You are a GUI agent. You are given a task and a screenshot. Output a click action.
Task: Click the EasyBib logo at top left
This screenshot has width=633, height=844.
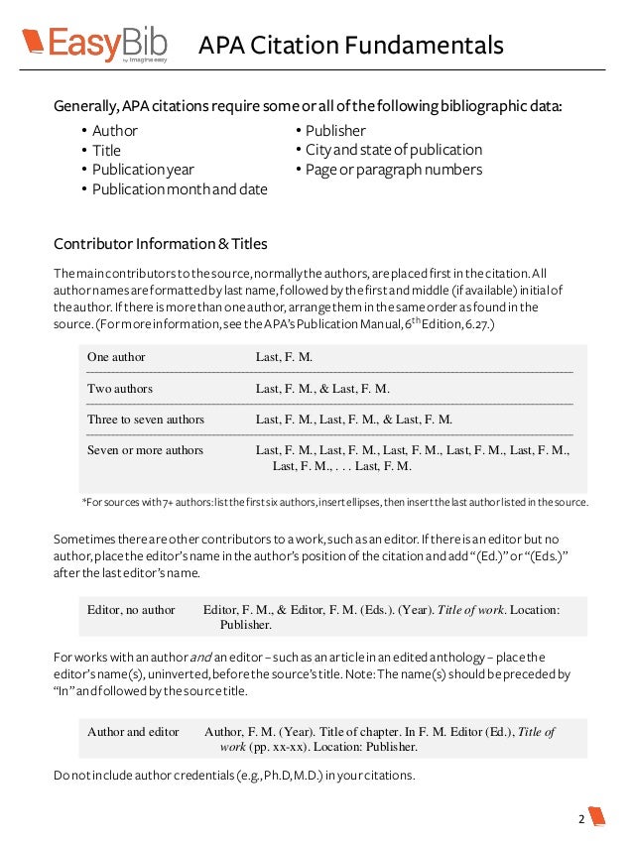94,43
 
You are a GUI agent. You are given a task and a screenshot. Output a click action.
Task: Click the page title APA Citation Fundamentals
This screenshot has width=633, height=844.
350,45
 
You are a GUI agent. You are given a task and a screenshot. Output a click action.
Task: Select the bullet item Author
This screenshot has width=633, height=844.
114,131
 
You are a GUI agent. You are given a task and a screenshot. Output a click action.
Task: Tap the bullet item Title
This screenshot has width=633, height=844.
106,151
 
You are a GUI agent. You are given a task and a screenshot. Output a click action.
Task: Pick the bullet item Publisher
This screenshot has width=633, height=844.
335,131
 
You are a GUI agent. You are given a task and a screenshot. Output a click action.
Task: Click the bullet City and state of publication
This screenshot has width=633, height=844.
393,150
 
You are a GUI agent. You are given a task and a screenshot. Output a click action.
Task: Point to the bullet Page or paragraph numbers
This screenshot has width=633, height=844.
393,170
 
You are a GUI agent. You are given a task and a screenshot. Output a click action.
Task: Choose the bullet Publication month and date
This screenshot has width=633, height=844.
180,189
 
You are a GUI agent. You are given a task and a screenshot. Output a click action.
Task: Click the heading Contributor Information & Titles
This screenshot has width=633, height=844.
160,244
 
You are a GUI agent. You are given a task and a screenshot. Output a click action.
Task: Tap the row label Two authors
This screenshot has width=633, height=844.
120,389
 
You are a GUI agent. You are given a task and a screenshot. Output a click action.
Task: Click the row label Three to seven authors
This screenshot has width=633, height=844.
146,420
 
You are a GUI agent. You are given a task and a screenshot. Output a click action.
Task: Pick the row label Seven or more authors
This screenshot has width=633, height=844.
145,450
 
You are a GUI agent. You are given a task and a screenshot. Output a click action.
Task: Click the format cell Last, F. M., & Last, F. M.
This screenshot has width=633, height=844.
322,389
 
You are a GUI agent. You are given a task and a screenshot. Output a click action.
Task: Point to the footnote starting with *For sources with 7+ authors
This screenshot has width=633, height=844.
334,502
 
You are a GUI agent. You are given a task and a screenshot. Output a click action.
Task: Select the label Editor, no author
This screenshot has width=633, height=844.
131,610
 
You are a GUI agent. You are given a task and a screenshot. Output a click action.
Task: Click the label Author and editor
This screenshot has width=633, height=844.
133,732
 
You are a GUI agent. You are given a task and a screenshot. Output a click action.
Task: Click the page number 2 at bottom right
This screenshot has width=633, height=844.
581,819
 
